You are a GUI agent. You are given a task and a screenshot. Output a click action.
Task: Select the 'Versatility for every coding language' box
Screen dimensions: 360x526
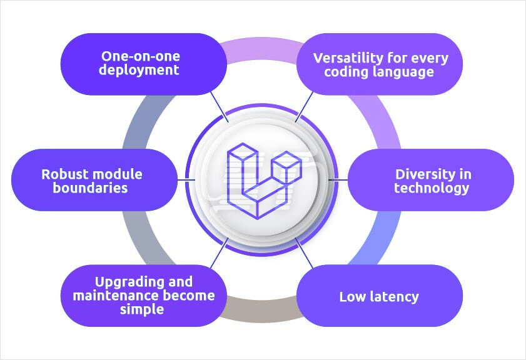tap(380, 64)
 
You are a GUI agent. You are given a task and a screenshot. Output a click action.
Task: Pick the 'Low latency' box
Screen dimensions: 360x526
tap(379, 296)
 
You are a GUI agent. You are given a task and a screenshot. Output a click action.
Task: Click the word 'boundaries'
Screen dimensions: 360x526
tap(93, 187)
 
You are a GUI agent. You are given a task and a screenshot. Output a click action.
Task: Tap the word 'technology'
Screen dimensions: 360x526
tap(432, 187)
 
